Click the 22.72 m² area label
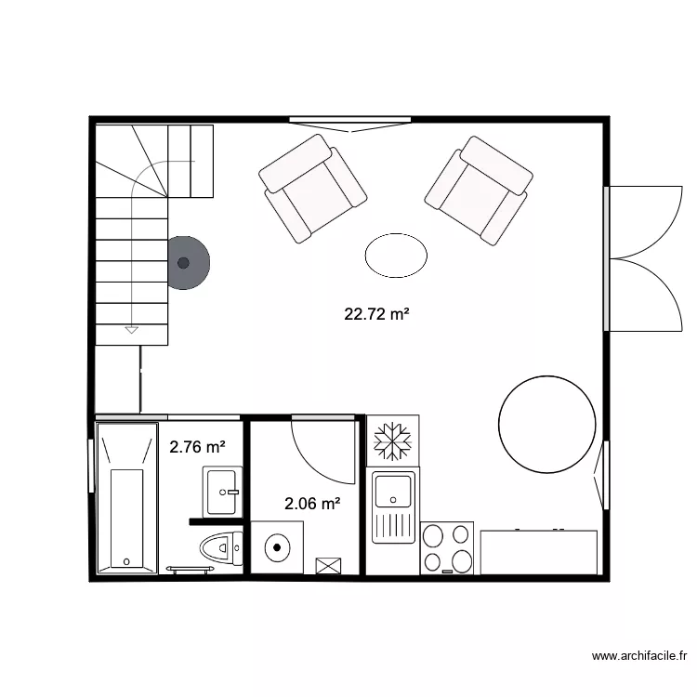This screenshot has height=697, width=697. tap(376, 314)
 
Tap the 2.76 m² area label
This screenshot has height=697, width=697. tap(197, 447)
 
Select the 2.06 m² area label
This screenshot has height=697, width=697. tap(311, 505)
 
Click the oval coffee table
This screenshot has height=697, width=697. tap(397, 254)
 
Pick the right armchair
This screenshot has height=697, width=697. tap(479, 189)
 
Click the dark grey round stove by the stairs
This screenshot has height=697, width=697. tap(185, 262)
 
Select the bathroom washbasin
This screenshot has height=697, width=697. tap(223, 490)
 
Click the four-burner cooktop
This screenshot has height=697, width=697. tap(447, 548)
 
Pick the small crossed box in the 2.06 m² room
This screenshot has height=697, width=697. tap(328, 566)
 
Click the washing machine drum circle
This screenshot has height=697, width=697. tap(278, 547)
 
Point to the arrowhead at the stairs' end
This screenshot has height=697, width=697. tap(131, 329)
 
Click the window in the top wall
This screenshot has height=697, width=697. tap(349, 120)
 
